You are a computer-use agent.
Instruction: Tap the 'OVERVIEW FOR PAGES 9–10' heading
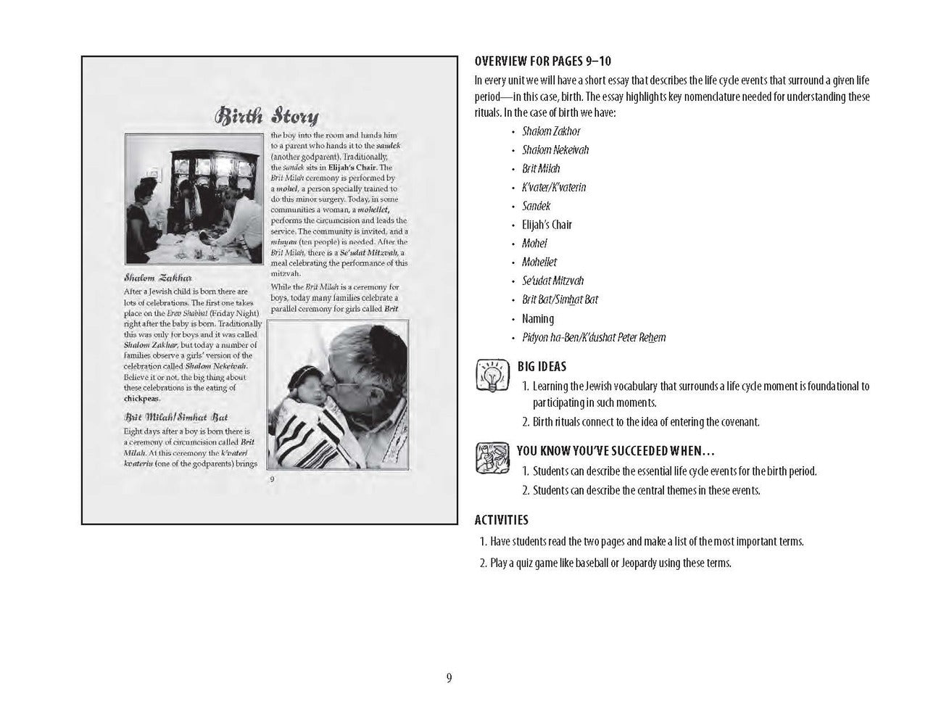[542, 62]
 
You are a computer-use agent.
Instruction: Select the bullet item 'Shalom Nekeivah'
[555, 150]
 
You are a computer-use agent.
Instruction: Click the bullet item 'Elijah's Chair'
[547, 225]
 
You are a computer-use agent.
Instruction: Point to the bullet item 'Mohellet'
[539, 262]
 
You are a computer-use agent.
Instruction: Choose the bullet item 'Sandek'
[536, 206]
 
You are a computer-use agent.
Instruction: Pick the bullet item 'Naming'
[538, 319]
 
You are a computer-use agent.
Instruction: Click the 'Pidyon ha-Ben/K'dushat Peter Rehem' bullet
[594, 338]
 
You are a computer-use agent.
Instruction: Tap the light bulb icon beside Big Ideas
[490, 376]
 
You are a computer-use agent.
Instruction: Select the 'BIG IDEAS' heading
[542, 367]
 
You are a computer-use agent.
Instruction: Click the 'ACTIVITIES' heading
[501, 520]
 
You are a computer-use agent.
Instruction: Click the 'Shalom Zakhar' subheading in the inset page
[157, 278]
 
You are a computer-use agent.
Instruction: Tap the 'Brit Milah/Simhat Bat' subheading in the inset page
[175, 417]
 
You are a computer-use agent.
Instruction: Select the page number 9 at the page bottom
[449, 679]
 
